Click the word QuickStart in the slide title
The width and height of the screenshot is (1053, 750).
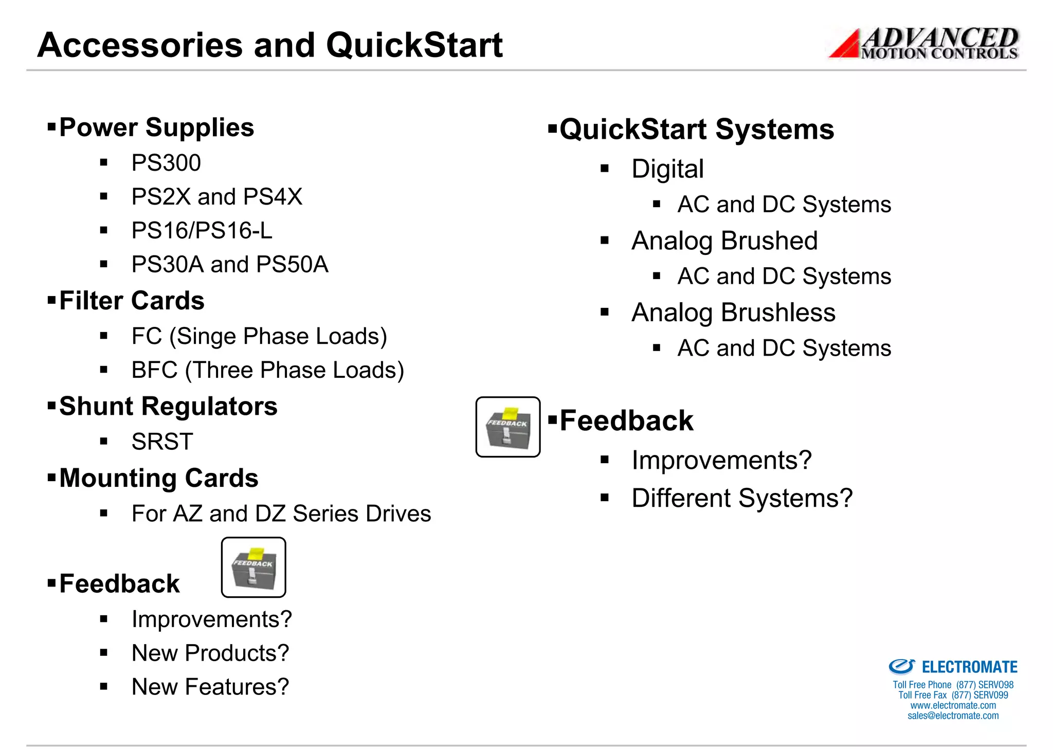414,45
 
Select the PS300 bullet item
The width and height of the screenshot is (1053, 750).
166,163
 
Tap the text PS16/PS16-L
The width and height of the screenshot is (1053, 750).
202,230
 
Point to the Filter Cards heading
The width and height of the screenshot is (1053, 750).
132,301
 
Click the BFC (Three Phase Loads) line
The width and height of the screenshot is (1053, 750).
267,370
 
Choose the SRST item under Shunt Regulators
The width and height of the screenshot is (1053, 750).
162,442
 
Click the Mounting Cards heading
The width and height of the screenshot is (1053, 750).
158,478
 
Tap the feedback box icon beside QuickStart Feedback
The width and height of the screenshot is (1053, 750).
507,427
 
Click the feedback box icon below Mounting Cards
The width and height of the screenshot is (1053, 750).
253,568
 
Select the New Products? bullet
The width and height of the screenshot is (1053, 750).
210,653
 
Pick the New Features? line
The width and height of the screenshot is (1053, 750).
210,687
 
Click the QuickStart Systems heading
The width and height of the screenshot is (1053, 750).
696,129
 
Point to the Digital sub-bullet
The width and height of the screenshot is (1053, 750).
667,169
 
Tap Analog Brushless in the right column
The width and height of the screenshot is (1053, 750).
733,313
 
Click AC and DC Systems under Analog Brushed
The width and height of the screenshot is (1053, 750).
784,276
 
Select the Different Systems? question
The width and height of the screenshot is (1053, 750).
741,498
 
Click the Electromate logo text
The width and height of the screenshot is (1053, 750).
969,667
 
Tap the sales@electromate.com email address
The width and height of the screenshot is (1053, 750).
953,716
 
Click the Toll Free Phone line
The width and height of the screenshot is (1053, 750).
953,685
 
